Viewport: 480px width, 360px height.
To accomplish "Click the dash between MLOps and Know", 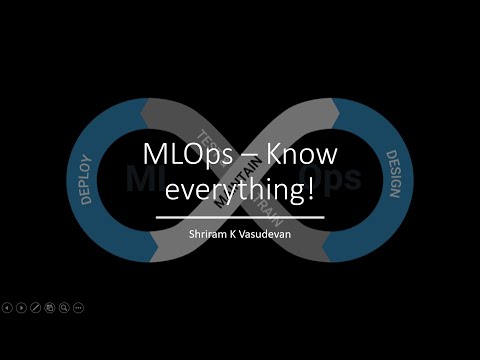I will tap(245, 158).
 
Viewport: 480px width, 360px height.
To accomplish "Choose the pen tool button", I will tap(36, 307).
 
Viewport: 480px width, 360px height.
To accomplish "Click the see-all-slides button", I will tap(50, 307).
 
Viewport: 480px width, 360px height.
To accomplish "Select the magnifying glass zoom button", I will tap(64, 307).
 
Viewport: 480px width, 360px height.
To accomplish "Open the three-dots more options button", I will tap(79, 307).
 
